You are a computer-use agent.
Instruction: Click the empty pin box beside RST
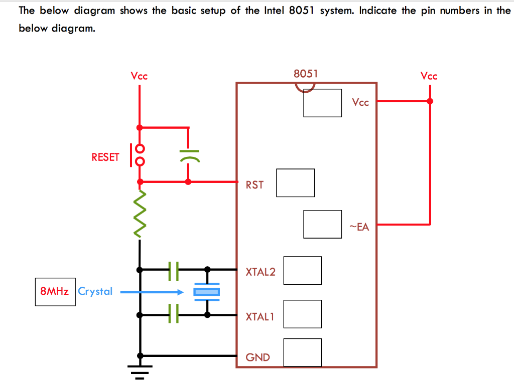295,182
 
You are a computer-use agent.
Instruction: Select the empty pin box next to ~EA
322,224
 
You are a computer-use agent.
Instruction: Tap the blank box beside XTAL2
302,270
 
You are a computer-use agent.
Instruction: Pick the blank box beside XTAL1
302,314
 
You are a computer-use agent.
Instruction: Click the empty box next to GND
302,352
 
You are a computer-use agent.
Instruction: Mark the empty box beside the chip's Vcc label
322,103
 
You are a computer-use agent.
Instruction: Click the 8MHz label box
55,292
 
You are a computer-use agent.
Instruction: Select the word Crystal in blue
95,291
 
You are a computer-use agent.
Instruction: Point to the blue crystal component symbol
207,292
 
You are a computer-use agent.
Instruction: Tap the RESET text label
105,157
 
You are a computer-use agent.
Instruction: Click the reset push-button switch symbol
138,155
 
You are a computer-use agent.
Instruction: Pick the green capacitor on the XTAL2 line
174,270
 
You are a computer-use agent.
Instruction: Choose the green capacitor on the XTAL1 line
174,313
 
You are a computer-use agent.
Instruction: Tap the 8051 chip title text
306,74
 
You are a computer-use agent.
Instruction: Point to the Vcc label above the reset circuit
139,76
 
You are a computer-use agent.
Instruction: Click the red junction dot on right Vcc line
430,101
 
